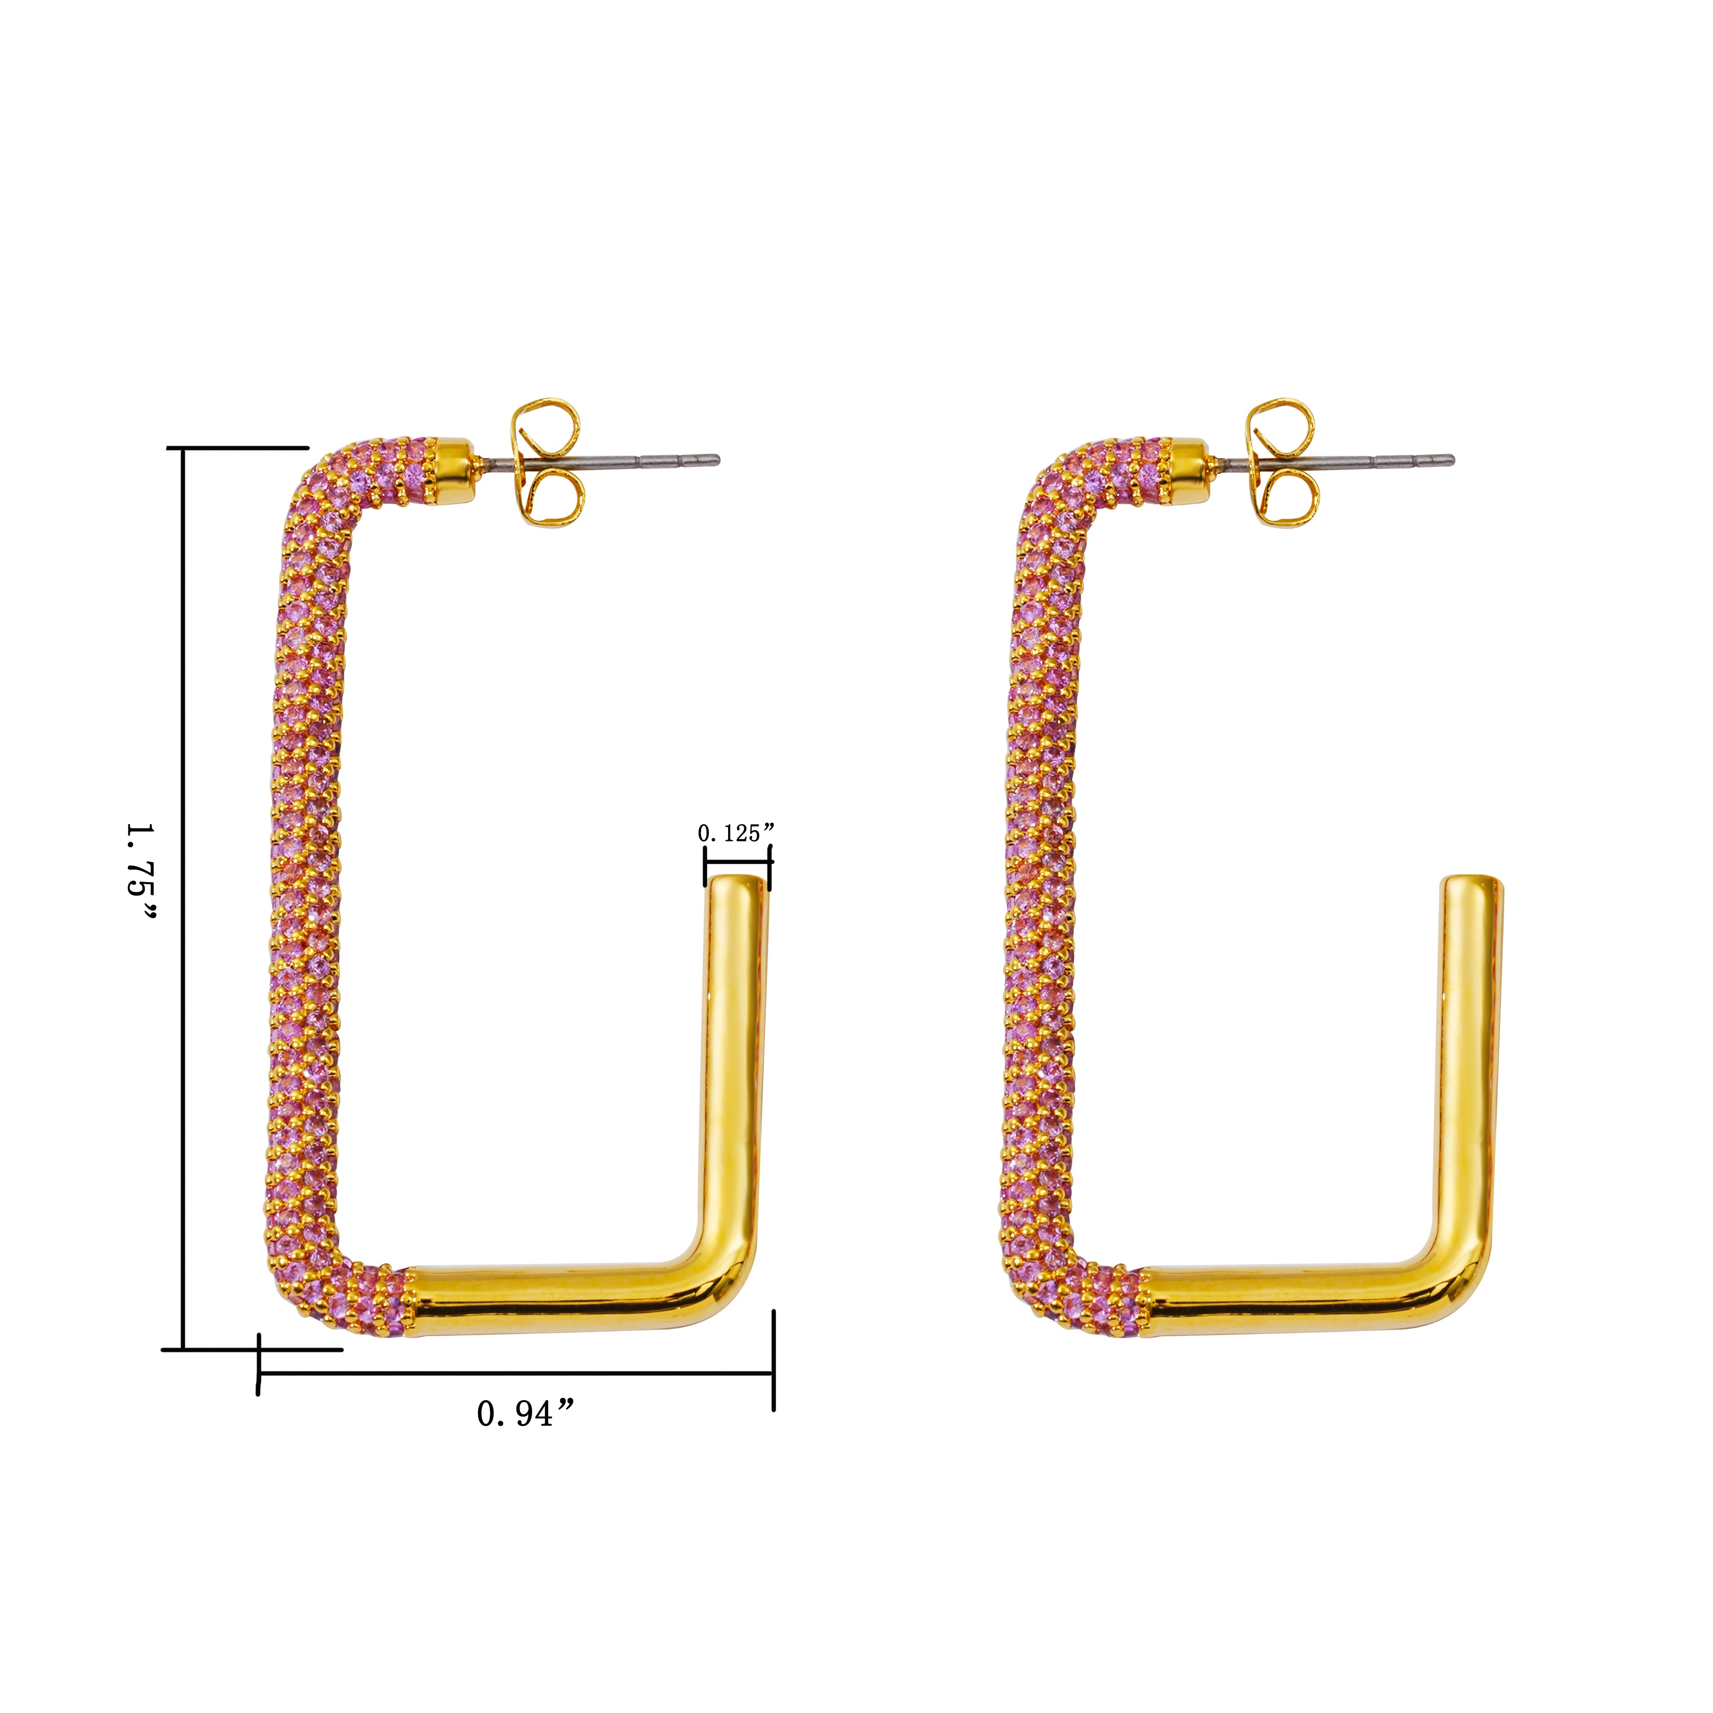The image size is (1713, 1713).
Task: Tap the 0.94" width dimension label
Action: click(x=527, y=1413)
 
